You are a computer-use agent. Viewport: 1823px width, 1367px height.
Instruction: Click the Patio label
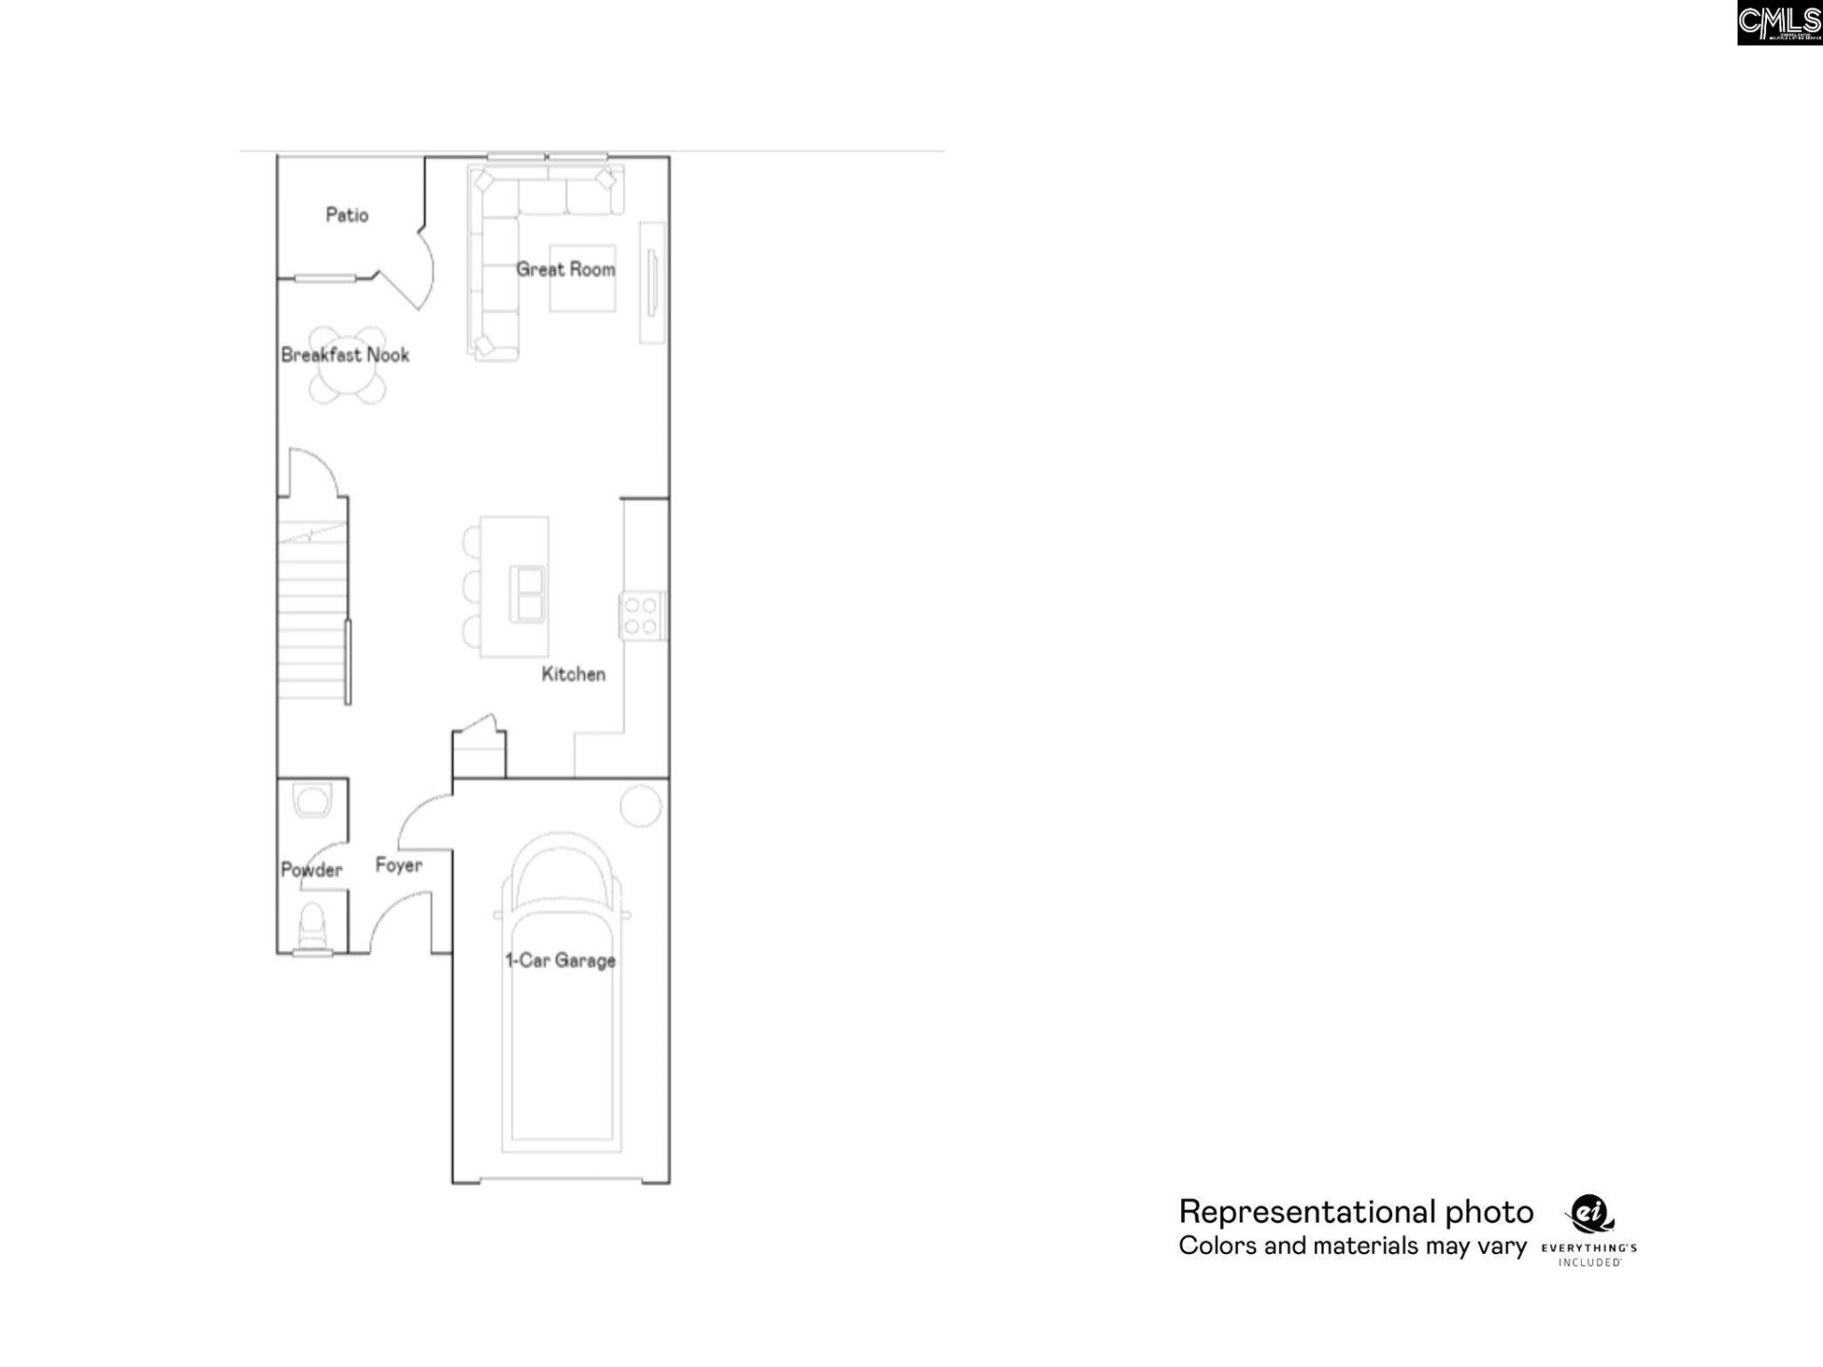(347, 215)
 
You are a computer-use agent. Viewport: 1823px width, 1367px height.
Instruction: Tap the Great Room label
(565, 270)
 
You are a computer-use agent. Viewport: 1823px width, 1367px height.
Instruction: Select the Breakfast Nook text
(345, 355)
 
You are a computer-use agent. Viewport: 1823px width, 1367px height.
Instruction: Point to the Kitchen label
(573, 674)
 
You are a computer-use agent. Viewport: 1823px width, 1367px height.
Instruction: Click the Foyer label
(399, 865)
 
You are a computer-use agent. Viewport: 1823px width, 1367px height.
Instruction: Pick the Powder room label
(311, 870)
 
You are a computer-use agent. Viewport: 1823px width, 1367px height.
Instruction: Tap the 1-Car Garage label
(560, 960)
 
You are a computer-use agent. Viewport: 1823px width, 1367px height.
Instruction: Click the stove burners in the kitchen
(642, 615)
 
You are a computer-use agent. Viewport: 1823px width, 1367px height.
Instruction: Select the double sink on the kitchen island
(527, 594)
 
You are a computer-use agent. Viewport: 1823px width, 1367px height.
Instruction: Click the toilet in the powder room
(311, 925)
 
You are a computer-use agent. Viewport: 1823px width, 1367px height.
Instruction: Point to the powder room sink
(311, 800)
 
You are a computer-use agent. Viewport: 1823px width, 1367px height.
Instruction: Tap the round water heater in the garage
(641, 806)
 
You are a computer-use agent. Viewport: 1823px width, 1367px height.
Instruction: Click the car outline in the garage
(560, 1044)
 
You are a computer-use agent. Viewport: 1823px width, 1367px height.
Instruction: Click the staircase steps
(311, 617)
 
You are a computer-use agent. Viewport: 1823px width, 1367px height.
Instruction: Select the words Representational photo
(1356, 1212)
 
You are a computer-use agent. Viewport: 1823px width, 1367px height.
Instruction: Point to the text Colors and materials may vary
(1352, 1246)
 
